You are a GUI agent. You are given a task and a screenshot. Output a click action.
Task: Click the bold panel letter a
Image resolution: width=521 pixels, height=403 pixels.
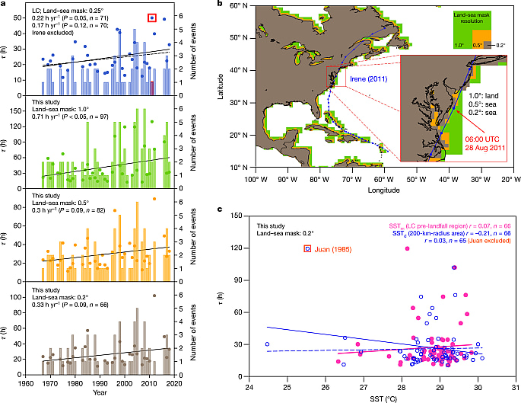(x=4, y=5)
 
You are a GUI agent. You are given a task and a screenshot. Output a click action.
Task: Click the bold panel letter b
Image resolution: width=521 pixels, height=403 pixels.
(x=220, y=5)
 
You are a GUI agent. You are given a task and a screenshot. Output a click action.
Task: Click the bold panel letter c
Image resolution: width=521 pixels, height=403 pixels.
(x=220, y=210)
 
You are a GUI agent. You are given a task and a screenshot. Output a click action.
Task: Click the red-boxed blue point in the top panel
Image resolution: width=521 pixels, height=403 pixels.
(x=152, y=17)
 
